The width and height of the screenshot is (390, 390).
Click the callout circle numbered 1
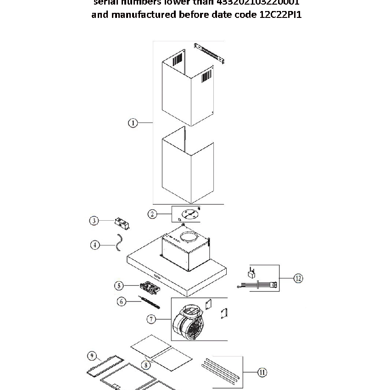[133, 123]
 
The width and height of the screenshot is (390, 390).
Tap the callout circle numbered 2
[152, 214]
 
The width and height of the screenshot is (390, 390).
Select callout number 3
[94, 221]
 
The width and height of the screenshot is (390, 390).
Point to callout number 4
[95, 245]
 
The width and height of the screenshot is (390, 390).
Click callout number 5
[119, 286]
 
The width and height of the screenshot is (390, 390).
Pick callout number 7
[152, 318]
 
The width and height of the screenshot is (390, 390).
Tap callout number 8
[146, 365]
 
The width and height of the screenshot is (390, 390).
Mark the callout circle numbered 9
[91, 356]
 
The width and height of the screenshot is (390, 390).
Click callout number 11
[262, 373]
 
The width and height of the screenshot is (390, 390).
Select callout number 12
[298, 278]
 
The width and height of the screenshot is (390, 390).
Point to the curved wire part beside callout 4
[119, 243]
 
